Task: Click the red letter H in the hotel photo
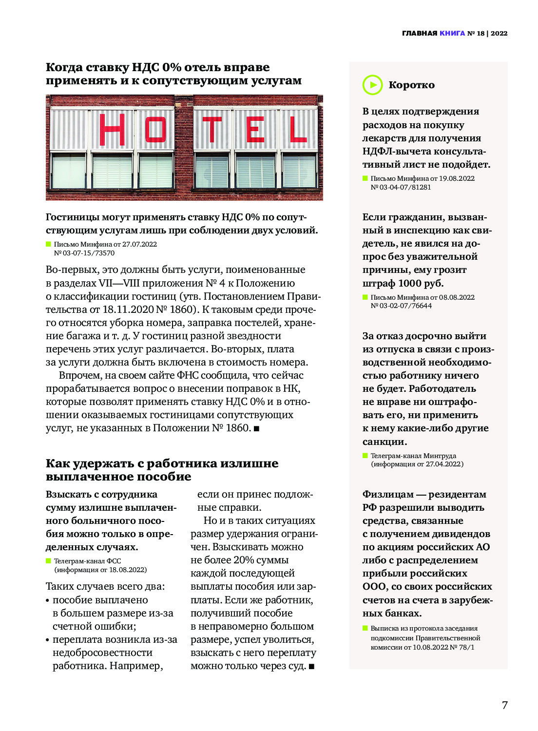tap(112, 129)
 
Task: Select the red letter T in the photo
tap(212, 130)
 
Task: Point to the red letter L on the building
tap(298, 130)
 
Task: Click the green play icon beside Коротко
tap(373, 85)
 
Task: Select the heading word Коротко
tap(411, 85)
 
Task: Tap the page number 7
tap(505, 705)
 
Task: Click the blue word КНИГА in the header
tap(452, 33)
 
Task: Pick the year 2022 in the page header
tap(499, 33)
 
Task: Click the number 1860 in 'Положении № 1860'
tap(238, 428)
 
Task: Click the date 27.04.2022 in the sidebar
tap(444, 464)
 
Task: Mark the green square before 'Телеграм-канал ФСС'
tap(48, 561)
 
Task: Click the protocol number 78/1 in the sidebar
tap(466, 647)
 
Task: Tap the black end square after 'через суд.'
tap(311, 666)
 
